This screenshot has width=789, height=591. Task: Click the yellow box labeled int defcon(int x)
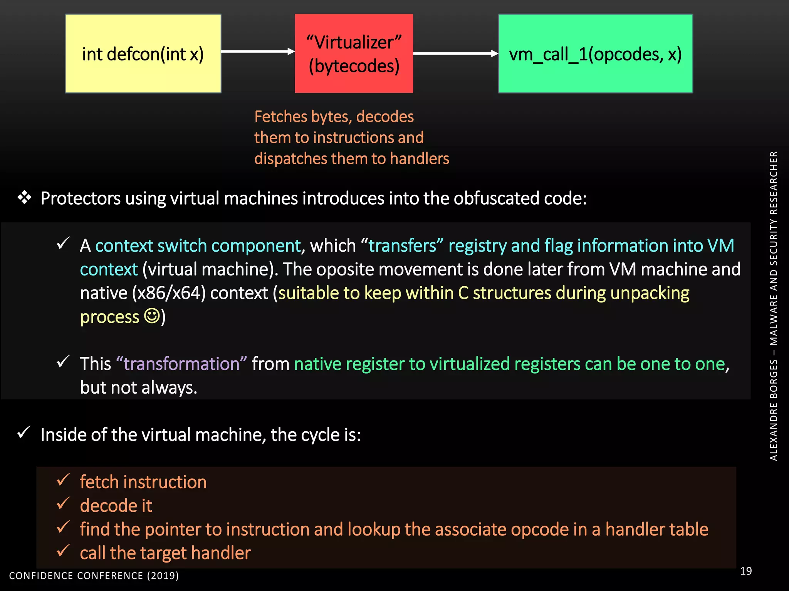pos(143,54)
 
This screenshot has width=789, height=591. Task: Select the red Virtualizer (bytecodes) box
pos(354,54)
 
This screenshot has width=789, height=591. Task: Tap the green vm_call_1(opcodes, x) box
pos(595,54)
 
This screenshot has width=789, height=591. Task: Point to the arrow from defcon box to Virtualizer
pos(257,51)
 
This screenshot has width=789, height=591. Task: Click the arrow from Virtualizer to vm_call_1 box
pos(455,53)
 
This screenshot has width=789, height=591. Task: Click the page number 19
pos(746,571)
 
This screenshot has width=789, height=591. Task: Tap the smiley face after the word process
pos(152,316)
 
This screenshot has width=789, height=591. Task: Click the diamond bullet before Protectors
pos(24,197)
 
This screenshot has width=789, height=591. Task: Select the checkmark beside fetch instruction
pos(63,480)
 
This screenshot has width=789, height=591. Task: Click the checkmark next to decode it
pos(63,503)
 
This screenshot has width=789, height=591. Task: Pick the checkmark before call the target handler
pos(63,551)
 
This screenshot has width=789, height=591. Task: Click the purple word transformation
pos(181,364)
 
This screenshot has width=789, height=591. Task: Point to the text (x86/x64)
pos(169,293)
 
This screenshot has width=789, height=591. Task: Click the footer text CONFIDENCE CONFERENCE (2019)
pos(94,576)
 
